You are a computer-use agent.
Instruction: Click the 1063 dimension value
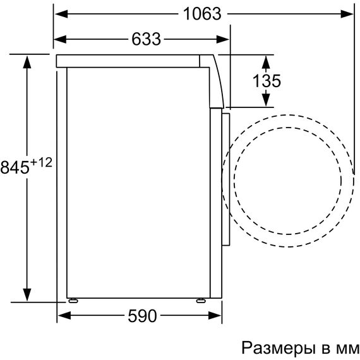coord(202,14)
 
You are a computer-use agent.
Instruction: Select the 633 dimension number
coord(146,39)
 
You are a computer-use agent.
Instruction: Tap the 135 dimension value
coord(267,81)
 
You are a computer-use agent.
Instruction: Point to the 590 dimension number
coord(142,316)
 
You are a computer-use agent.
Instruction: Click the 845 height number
coord(15,167)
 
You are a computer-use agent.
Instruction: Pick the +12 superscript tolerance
coord(42,163)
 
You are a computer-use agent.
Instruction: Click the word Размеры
coord(278,348)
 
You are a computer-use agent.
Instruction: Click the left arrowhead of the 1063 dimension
coord(61,14)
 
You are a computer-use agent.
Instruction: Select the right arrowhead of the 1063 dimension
coord(347,14)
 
